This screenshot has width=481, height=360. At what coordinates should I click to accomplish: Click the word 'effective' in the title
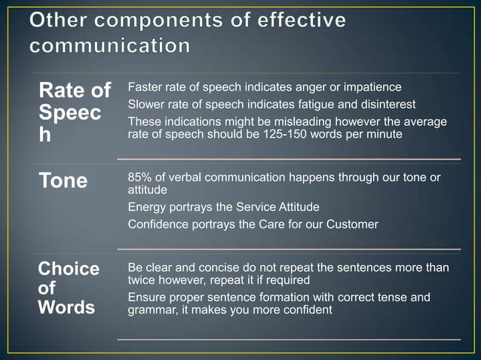299,20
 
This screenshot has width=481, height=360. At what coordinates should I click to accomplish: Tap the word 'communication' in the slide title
110,46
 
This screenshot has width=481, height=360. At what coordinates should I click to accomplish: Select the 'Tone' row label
63,181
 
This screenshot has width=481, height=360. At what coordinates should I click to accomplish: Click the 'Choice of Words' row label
68,288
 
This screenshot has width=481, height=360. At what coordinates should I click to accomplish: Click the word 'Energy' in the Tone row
147,206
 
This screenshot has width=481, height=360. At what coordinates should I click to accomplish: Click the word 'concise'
208,268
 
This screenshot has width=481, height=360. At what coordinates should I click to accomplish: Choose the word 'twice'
142,279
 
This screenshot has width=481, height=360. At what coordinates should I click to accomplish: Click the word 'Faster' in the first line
146,87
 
